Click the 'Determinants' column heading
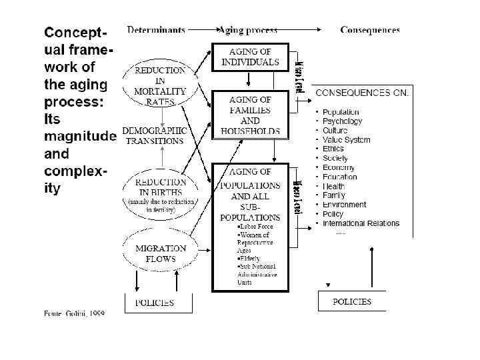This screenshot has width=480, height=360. pyautogui.click(x=155, y=30)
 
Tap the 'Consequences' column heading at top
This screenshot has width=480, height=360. pyautogui.click(x=370, y=30)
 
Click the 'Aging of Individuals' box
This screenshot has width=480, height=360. pyautogui.click(x=250, y=57)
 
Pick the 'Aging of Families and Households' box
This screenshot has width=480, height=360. pyautogui.click(x=250, y=115)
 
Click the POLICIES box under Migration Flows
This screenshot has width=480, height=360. pyautogui.click(x=155, y=303)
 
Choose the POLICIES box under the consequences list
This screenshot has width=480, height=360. pyautogui.click(x=352, y=302)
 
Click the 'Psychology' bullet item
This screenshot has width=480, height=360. pyautogui.click(x=342, y=121)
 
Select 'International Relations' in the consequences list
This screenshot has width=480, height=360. pyautogui.click(x=361, y=223)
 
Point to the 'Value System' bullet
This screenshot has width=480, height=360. pyautogui.click(x=346, y=140)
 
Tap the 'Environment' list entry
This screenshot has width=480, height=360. pyautogui.click(x=344, y=205)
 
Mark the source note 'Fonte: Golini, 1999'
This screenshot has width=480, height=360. pyautogui.click(x=73, y=313)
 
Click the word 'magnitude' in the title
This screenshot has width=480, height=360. pyautogui.click(x=80, y=136)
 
